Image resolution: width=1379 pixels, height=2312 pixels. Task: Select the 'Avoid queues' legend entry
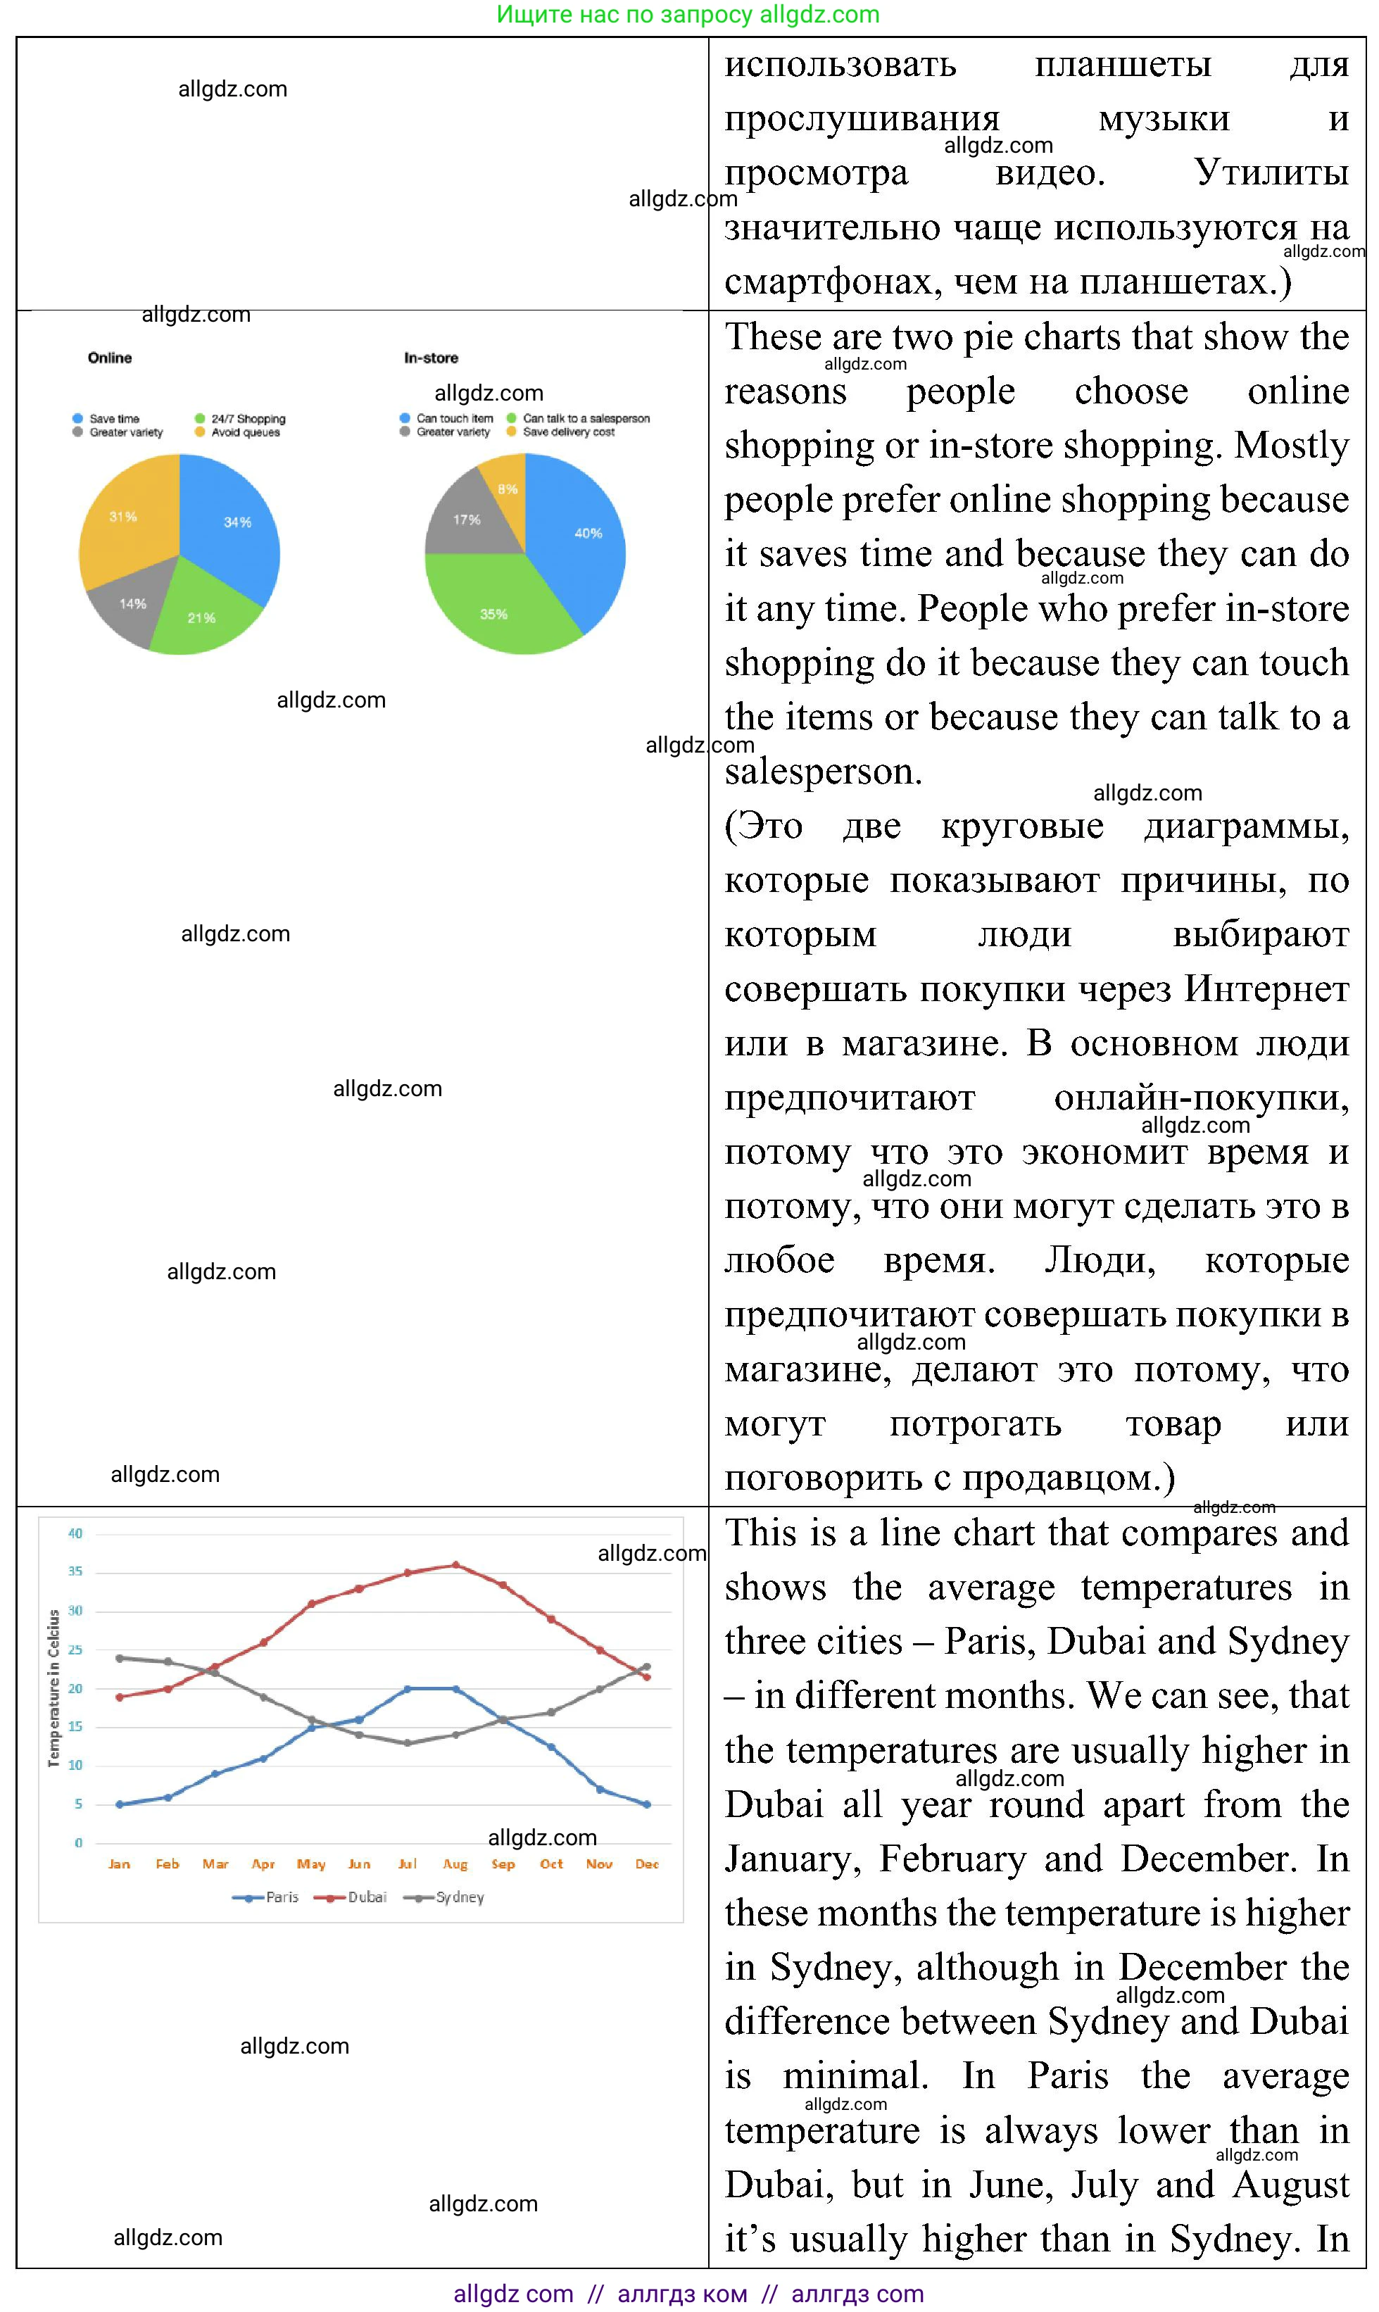244,432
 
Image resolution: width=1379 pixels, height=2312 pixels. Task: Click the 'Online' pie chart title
110,358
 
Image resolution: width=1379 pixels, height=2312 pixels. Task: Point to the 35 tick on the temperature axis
75,1571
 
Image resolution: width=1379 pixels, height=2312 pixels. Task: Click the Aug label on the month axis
455,1864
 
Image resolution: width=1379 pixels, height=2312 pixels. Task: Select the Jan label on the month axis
119,1864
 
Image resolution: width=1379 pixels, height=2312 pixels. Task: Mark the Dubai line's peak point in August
455,1565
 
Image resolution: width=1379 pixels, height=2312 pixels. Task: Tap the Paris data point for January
119,1804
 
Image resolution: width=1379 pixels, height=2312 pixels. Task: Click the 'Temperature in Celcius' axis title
54,1688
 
